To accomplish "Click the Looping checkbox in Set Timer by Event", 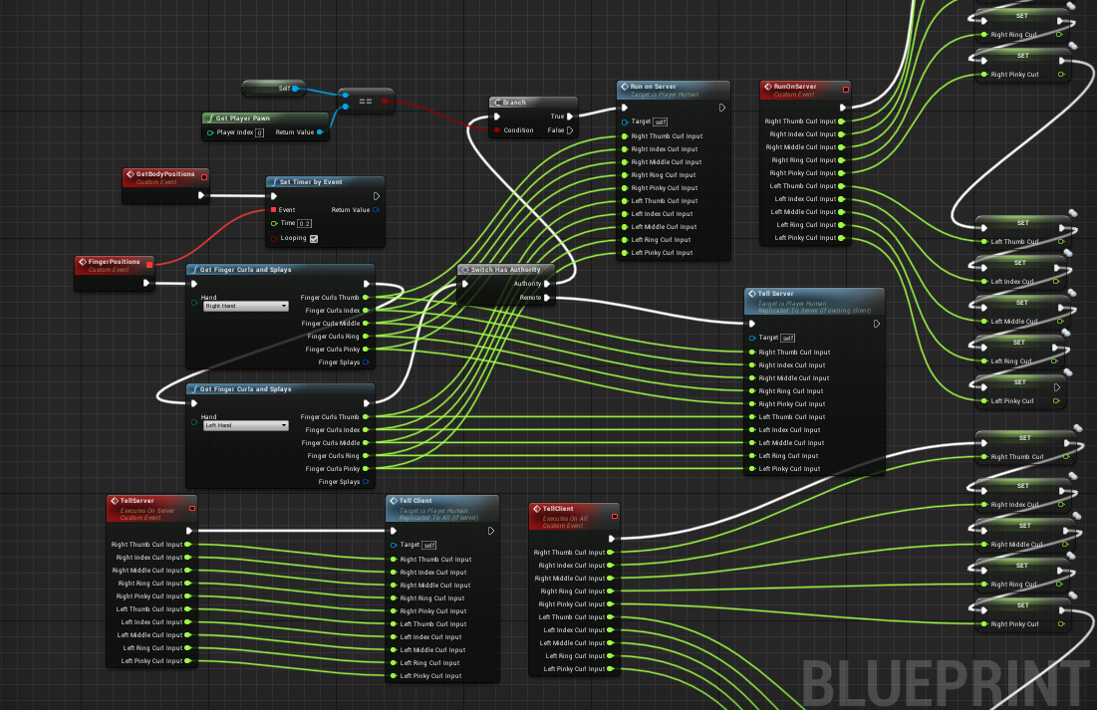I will point(314,239).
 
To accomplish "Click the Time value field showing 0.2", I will point(306,224).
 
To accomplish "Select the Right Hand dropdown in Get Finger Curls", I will point(245,307).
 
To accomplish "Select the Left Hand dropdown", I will point(245,426).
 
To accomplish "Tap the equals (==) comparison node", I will point(365,101).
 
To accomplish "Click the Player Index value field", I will point(259,132).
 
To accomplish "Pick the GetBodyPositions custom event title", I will point(165,174).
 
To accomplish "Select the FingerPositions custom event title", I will point(111,262).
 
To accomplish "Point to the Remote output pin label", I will point(529,297).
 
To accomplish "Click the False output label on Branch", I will point(556,130).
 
